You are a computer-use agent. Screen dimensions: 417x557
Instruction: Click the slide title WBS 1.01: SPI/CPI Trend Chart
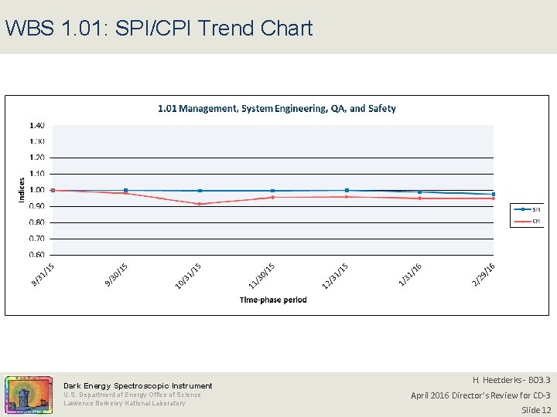coord(159,29)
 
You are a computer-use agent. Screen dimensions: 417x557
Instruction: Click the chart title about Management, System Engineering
coord(277,109)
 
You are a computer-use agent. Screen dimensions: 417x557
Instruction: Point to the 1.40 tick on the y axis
coord(37,125)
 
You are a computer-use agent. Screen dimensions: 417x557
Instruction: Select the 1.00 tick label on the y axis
coord(37,190)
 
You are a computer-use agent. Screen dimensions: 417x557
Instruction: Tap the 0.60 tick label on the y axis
coord(37,255)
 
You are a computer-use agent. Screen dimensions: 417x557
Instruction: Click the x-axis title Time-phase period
coord(273,300)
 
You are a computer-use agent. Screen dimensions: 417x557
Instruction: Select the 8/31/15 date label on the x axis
coord(43,275)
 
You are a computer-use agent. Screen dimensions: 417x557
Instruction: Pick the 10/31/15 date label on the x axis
coord(188,276)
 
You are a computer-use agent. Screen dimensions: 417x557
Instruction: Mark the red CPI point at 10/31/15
coord(200,204)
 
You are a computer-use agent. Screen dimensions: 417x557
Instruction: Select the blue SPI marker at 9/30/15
coord(126,191)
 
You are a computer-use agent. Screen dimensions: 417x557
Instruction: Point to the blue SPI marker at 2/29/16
coord(494,195)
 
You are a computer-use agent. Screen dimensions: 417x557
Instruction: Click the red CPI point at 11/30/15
coord(272,197)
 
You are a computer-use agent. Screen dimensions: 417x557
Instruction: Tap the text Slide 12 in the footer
coord(535,409)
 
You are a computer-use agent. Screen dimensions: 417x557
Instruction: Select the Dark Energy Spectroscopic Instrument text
coord(138,385)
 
